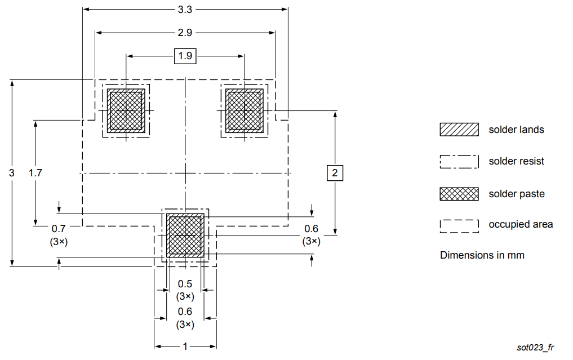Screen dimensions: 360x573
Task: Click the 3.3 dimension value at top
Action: coord(185,9)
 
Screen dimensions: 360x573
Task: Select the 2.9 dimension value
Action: coord(185,33)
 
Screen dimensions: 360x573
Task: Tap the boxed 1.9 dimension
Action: coord(185,56)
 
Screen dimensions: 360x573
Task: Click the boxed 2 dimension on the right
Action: coord(335,172)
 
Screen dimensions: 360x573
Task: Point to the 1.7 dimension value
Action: coord(35,172)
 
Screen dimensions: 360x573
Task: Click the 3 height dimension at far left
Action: coord(12,172)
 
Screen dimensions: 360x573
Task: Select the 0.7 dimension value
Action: coord(59,229)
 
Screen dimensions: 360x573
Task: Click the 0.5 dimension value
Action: coord(185,284)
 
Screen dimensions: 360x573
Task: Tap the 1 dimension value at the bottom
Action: coord(185,346)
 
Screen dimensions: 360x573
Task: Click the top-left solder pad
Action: coord(126,111)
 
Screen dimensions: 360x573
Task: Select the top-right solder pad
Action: coord(244,111)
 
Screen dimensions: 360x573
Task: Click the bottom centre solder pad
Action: coord(185,235)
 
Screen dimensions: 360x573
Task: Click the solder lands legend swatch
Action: coord(459,130)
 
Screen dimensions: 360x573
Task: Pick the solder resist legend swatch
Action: coord(459,162)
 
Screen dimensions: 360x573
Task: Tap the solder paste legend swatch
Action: coord(459,194)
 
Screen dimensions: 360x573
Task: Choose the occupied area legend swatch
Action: coord(459,225)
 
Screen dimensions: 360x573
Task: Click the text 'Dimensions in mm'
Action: coord(482,255)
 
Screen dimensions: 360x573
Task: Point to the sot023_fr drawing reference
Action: coord(535,348)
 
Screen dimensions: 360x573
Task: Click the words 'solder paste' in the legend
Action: coord(516,194)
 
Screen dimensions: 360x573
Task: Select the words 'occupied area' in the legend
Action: coord(521,224)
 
